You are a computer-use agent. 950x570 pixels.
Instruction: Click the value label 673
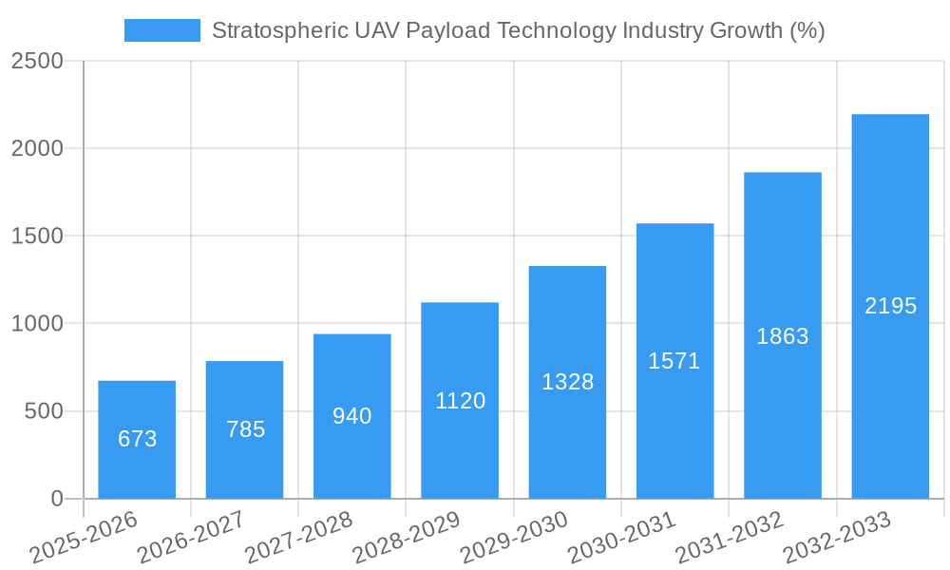(x=138, y=439)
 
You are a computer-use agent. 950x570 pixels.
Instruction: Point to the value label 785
(x=245, y=429)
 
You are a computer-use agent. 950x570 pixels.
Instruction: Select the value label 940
(x=352, y=416)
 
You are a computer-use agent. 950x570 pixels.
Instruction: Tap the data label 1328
(x=567, y=382)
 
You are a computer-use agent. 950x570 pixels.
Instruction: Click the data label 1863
(x=783, y=336)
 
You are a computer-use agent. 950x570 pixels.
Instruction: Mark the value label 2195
(x=890, y=306)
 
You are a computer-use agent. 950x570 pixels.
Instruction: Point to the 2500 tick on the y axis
(x=37, y=62)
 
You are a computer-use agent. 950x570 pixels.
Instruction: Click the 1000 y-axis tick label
(x=37, y=324)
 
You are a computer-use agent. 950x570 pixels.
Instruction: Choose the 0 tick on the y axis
(x=56, y=499)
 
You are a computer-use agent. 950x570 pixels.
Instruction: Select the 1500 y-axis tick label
(x=37, y=237)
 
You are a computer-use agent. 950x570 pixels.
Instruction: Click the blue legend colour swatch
(x=162, y=30)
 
